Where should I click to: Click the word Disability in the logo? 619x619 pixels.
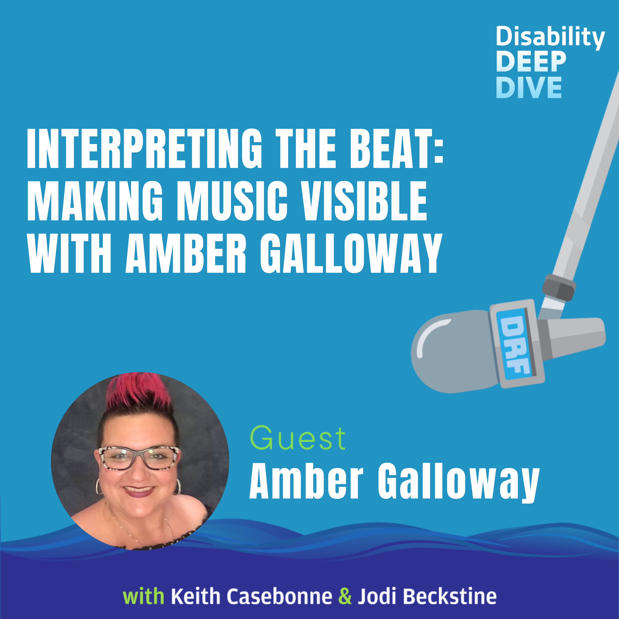click(x=550, y=38)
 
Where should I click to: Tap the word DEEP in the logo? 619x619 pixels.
click(x=531, y=62)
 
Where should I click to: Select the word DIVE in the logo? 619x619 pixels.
click(x=529, y=87)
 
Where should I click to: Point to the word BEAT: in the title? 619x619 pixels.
click(x=396, y=149)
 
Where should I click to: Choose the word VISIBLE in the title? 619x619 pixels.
click(x=365, y=201)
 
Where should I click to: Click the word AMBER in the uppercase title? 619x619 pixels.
click(x=186, y=253)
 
